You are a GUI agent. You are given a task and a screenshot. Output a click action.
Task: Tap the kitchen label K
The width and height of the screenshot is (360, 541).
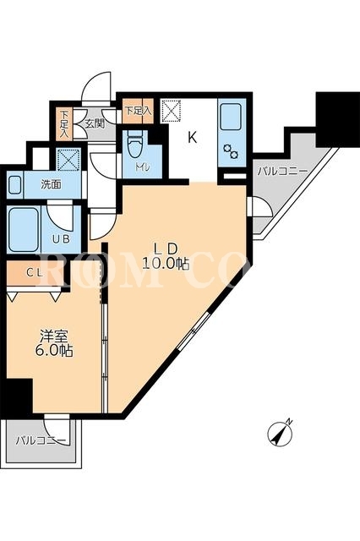192,138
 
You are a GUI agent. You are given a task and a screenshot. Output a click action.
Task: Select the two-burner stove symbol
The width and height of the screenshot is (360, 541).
231,151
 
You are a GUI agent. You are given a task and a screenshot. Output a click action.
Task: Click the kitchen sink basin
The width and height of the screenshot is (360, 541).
231,117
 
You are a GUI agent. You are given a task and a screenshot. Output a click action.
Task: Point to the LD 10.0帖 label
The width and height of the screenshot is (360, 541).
166,256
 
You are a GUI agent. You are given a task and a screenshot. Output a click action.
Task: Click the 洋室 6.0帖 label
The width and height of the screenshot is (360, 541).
53,343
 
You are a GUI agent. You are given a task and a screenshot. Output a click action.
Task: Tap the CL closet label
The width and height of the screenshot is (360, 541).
35,273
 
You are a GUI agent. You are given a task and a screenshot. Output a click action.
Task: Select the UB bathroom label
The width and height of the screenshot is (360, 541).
62,238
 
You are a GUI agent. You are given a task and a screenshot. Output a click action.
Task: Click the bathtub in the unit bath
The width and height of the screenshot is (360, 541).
24,229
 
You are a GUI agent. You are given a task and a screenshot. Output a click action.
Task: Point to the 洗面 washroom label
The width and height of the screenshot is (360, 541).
52,185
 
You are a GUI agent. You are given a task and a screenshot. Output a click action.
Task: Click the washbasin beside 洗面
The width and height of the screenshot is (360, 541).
14,185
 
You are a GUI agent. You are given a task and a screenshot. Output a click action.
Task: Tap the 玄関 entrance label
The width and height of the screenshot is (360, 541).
95,124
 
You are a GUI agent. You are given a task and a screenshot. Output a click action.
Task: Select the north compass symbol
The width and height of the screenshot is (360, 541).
281,433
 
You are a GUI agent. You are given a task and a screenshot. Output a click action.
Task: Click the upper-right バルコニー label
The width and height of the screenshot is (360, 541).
282,171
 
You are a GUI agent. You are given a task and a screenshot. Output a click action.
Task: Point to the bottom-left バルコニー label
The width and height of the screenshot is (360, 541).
41,440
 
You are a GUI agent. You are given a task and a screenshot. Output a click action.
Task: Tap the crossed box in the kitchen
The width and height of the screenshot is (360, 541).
171,111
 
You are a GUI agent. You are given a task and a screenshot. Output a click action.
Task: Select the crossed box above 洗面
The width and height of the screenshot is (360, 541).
68,160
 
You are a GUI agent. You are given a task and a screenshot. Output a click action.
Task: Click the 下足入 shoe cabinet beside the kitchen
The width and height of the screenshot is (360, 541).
138,111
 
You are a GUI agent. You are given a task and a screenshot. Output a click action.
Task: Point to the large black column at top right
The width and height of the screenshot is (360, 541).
338,119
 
